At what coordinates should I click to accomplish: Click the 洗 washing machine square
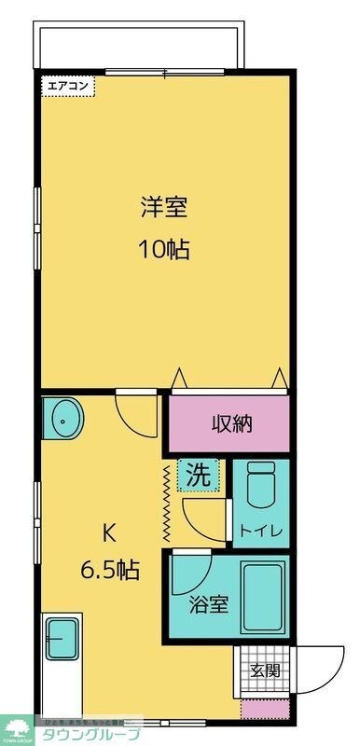pos(200,474)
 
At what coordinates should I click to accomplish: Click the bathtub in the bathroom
pos(265,597)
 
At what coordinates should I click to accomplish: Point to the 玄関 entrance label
pos(264,669)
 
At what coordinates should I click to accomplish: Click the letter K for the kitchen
pos(108,533)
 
